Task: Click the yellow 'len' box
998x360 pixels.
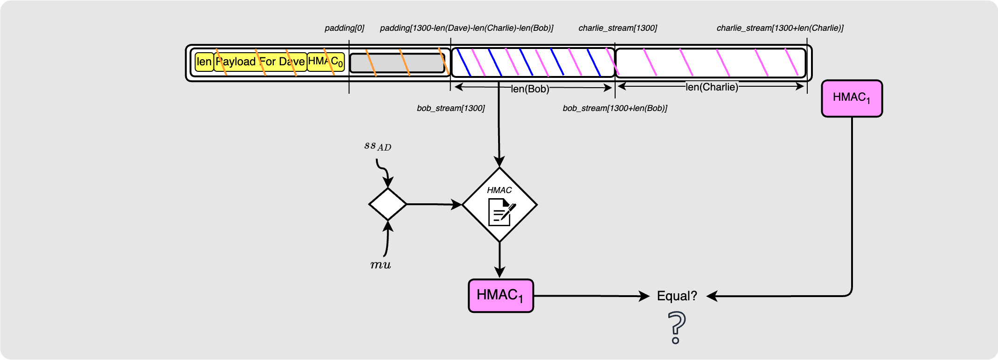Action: click(x=204, y=62)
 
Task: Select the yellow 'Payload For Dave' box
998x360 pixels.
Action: click(x=260, y=62)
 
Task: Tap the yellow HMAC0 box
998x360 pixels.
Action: click(x=326, y=62)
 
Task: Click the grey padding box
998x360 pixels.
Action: click(x=397, y=63)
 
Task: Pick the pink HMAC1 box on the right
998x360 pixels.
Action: click(x=852, y=98)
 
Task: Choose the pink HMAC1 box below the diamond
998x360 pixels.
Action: click(x=500, y=296)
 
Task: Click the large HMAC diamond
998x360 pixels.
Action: click(x=499, y=205)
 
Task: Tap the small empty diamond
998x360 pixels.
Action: click(x=388, y=204)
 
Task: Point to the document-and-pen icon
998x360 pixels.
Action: click(x=501, y=213)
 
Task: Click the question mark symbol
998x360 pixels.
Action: click(x=677, y=328)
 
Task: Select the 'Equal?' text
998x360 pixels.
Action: click(x=677, y=296)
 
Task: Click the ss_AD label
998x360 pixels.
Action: click(x=377, y=146)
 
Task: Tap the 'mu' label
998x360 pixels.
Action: click(x=381, y=265)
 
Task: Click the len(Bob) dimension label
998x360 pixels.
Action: click(x=530, y=89)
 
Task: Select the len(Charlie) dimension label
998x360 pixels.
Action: click(x=712, y=87)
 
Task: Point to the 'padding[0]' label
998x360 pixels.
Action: click(x=344, y=28)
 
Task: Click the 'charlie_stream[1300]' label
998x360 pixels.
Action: click(x=617, y=28)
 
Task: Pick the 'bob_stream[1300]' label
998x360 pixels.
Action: click(x=450, y=109)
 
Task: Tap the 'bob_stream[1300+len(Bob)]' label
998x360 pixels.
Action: click(x=615, y=109)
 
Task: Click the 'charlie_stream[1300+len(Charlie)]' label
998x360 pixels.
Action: click(x=780, y=28)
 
